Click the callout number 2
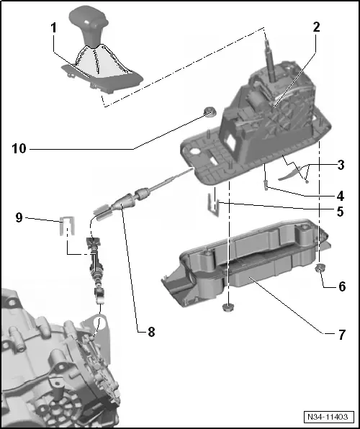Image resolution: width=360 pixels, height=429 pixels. (316, 28)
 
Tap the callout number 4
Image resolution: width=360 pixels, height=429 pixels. (339, 195)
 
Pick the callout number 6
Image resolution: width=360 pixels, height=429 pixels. (341, 286)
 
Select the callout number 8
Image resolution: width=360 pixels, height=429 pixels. (150, 332)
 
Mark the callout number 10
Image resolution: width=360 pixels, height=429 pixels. (19, 149)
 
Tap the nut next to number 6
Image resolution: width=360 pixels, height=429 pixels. (320, 269)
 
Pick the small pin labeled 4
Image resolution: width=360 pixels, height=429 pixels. (266, 186)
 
